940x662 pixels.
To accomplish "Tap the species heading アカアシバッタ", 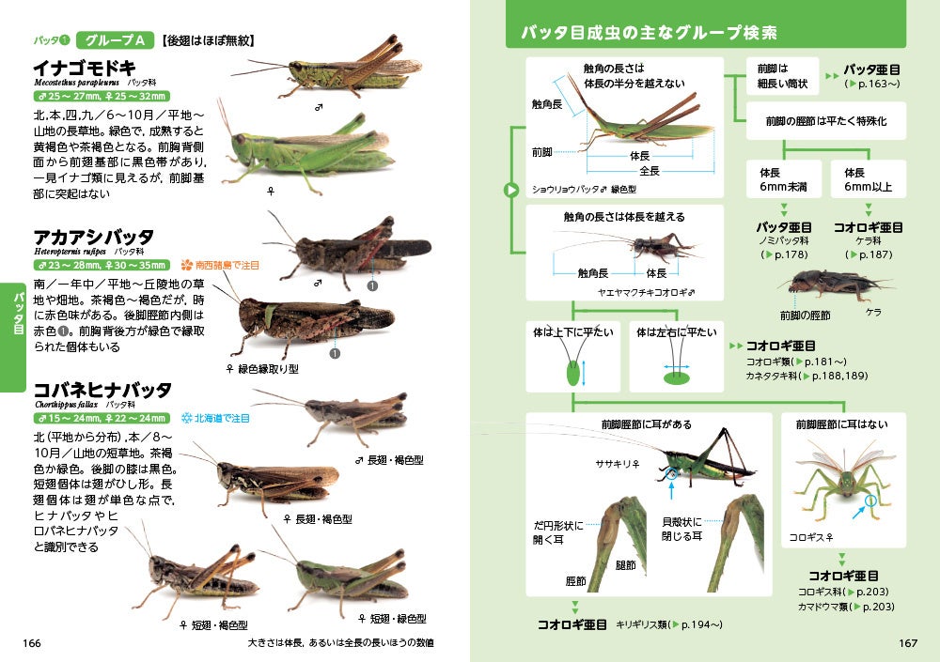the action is (x=93, y=237).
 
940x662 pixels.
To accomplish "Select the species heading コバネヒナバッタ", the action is (x=102, y=390).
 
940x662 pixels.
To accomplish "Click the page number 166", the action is (x=32, y=643).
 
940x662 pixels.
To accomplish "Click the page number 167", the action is (x=907, y=643).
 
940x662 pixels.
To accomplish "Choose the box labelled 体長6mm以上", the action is (x=869, y=180).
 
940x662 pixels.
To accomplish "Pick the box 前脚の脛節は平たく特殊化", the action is (x=826, y=121).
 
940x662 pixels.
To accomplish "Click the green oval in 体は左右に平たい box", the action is (x=676, y=379).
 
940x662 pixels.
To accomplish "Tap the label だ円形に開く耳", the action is (x=557, y=532).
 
